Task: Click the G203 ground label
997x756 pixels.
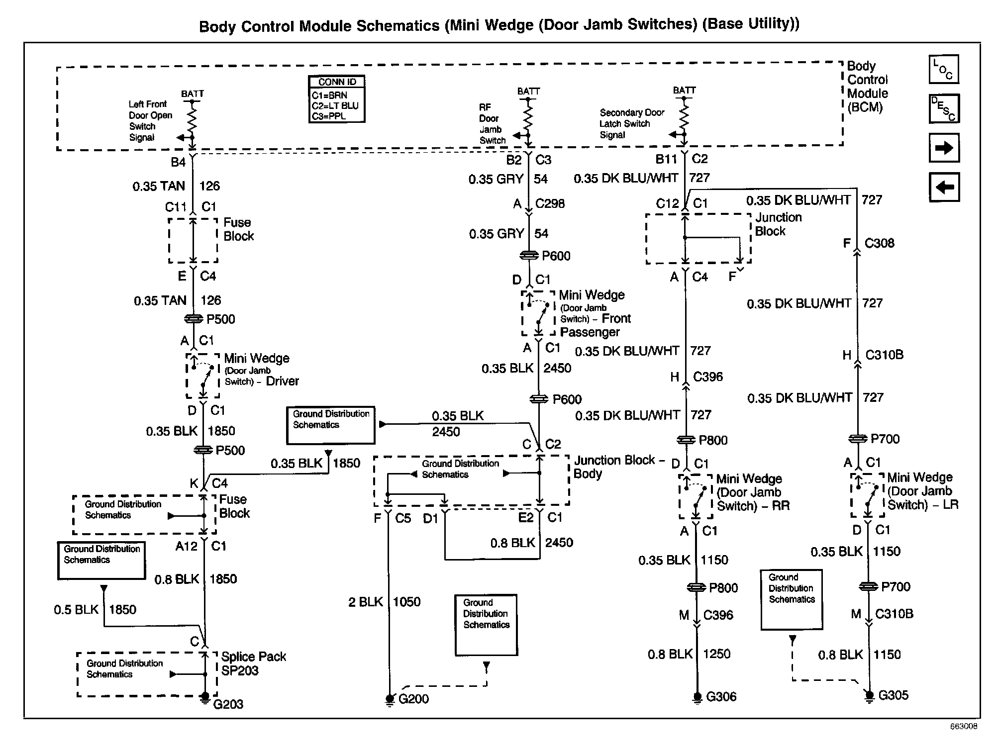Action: (x=228, y=704)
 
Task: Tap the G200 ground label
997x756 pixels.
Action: (x=413, y=699)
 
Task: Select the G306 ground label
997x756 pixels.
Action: (x=721, y=696)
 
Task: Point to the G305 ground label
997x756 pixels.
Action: (x=893, y=695)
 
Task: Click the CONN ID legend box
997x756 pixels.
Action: (x=337, y=99)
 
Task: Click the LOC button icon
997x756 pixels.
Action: (x=943, y=70)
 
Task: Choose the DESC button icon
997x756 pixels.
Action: (x=944, y=108)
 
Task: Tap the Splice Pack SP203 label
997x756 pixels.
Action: (x=253, y=663)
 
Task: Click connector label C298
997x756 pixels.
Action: (x=550, y=203)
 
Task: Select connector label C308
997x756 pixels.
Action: (x=879, y=243)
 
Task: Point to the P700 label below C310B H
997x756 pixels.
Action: (x=885, y=439)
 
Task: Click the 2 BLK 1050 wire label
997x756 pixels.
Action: (x=384, y=602)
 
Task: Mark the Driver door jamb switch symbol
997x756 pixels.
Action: (x=202, y=376)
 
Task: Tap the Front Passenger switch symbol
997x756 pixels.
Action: (x=538, y=313)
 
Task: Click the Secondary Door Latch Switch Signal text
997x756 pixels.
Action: (x=631, y=123)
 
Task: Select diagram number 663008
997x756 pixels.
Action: (x=963, y=726)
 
